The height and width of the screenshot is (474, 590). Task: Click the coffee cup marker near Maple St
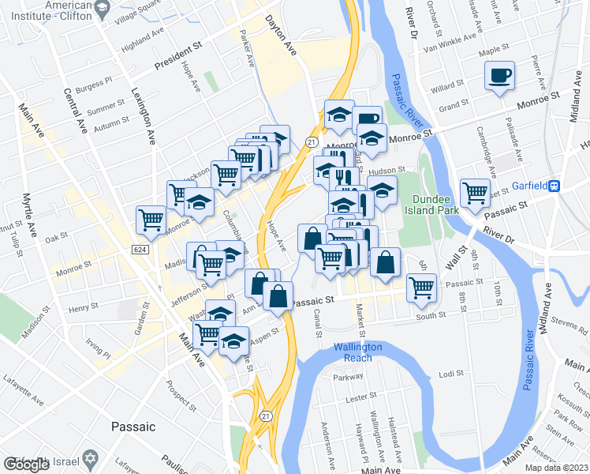(499, 76)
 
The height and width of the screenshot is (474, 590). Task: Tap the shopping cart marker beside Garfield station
(475, 192)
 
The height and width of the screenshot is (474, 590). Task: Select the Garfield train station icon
(555, 186)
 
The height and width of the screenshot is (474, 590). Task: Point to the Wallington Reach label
(357, 352)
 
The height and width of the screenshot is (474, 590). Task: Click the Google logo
(26, 465)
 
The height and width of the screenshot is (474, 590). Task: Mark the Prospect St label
(181, 397)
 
